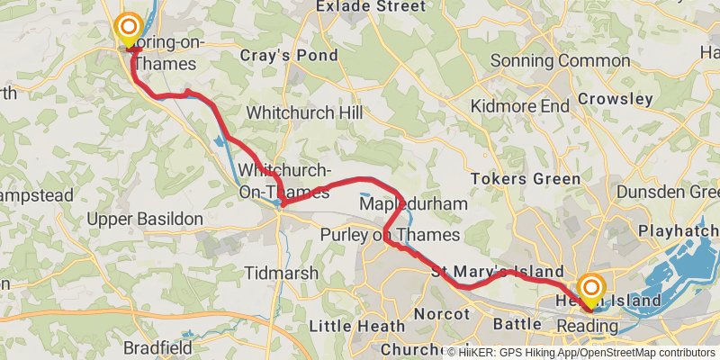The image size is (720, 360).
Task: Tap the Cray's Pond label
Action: tap(289, 56)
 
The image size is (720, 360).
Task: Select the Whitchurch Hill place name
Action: tap(304, 113)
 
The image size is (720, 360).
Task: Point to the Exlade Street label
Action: tap(370, 6)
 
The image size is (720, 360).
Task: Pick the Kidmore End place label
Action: tap(521, 106)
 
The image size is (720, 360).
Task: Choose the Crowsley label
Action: tap(616, 98)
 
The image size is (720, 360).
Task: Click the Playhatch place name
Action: tap(678, 231)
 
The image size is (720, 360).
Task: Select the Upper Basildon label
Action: tap(140, 219)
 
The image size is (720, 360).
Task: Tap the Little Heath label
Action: tap(352, 325)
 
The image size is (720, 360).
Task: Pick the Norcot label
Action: tap(442, 314)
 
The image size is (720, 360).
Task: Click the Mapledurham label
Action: tap(413, 204)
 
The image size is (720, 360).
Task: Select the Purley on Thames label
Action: tap(390, 236)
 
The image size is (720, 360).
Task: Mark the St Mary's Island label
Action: tap(497, 272)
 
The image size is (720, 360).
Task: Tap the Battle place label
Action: tap(517, 323)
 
